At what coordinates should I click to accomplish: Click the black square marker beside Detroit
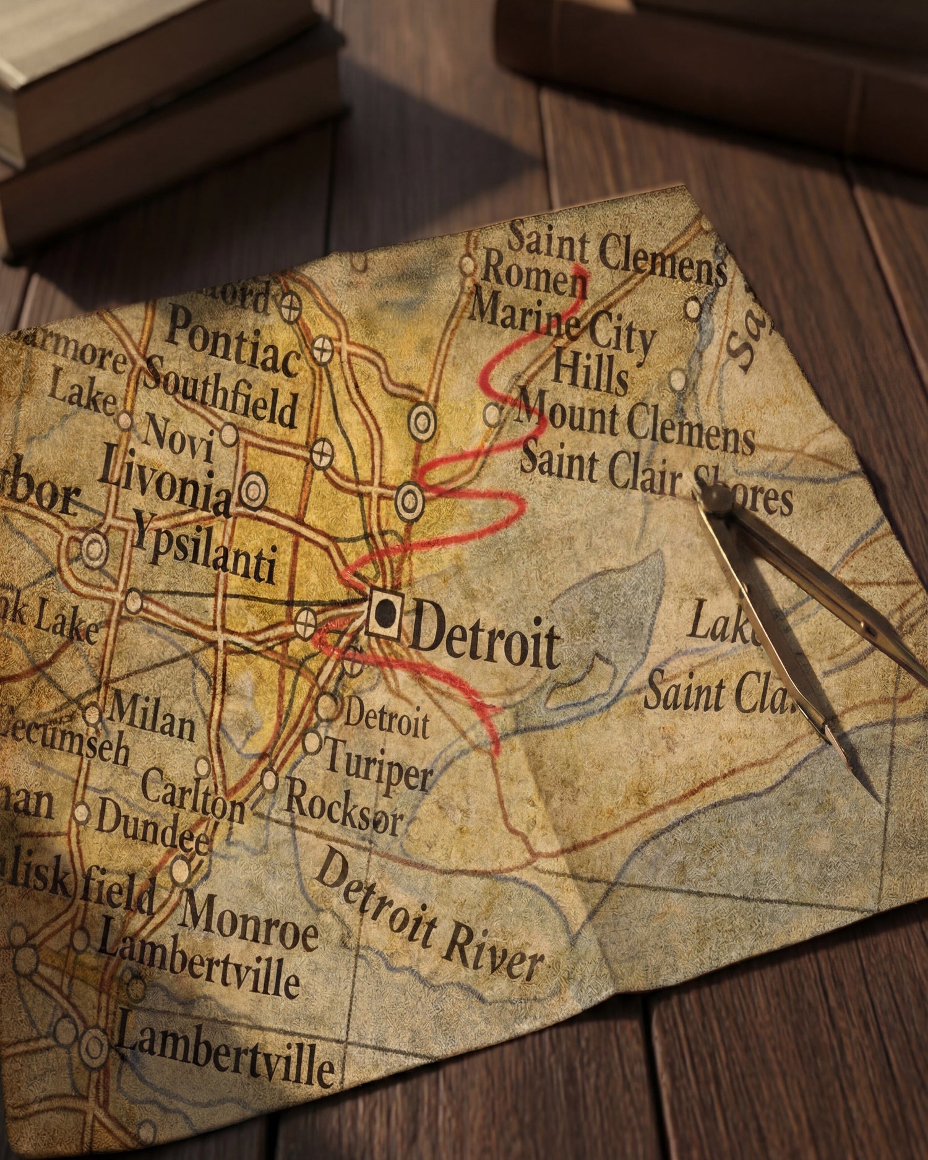click(x=384, y=612)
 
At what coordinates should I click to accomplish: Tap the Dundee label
click(x=152, y=826)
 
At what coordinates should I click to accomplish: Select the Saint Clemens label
click(x=616, y=254)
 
